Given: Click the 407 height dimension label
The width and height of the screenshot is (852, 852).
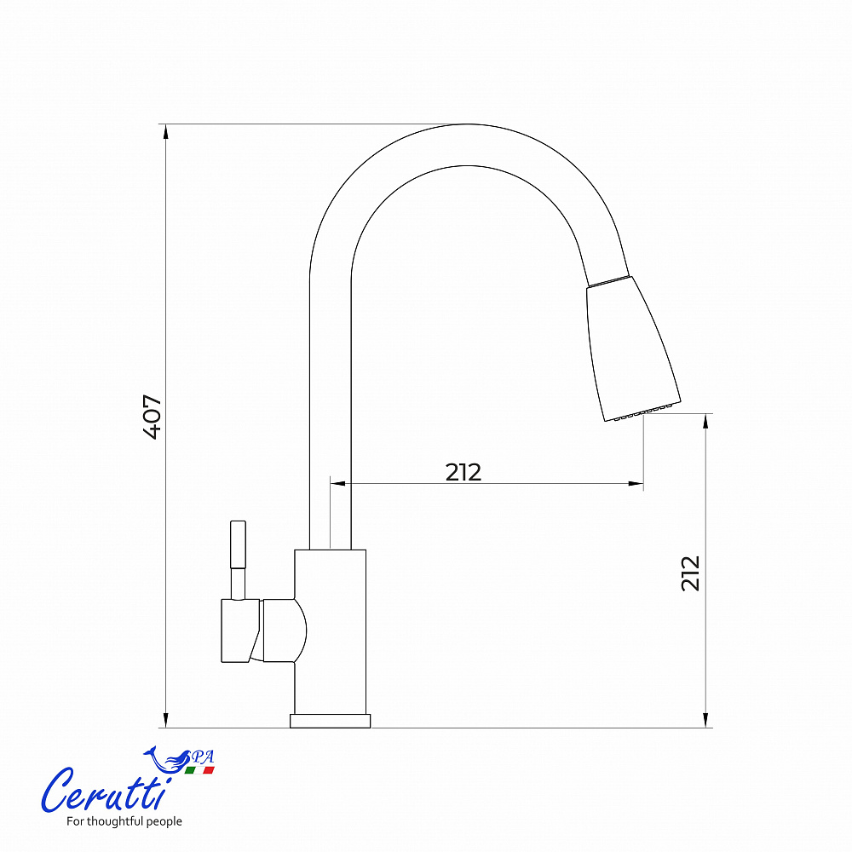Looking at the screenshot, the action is (x=153, y=417).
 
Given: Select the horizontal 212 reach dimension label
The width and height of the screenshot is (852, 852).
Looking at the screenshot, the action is (x=463, y=472).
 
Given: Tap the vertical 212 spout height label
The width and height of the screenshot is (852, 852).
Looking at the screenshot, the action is (x=691, y=573).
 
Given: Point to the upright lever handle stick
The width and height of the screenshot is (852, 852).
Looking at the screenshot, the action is (x=238, y=560).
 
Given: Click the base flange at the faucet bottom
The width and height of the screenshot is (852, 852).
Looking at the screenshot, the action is (x=331, y=721).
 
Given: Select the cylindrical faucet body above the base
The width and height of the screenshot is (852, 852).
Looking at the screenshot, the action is (x=331, y=632).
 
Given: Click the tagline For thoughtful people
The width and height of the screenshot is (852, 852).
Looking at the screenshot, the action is (x=124, y=821).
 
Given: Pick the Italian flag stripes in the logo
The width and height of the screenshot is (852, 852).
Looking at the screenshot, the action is (x=199, y=770).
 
